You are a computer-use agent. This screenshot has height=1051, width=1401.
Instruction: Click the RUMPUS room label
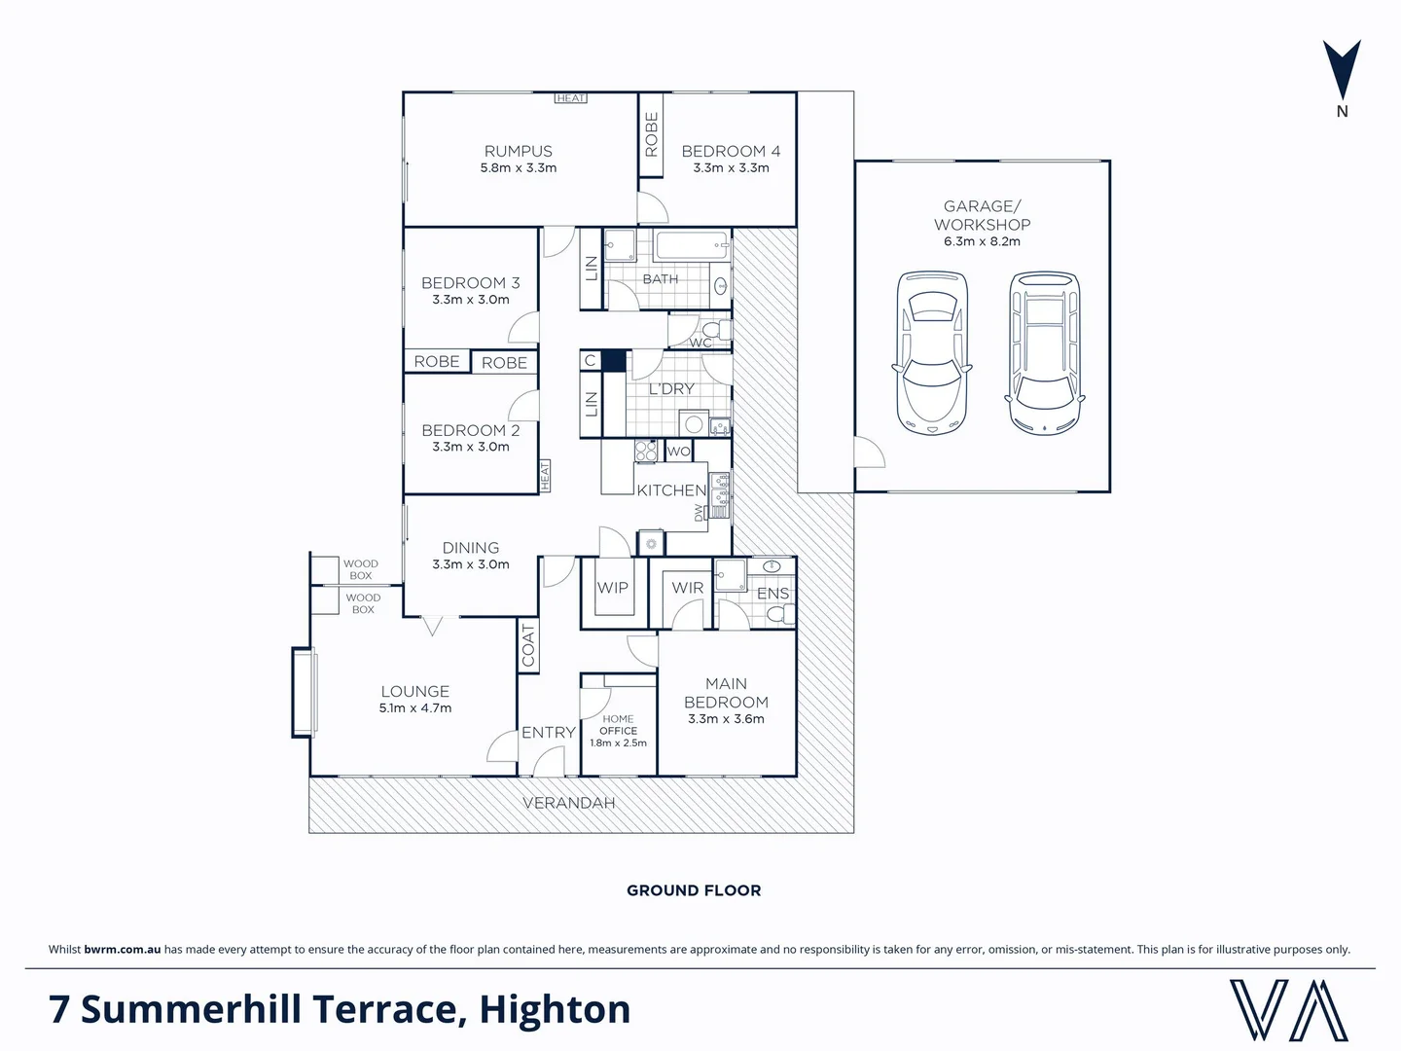pos(518,151)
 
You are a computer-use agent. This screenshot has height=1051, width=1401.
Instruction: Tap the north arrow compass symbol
pos(1342,70)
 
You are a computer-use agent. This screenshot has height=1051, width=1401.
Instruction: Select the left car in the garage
pos(931,352)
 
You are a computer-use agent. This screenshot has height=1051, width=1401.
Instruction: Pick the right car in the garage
pos(1044,352)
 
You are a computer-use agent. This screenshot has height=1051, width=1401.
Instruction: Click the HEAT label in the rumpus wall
pos(571,98)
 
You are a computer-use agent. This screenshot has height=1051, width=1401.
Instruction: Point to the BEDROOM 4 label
pos(731,151)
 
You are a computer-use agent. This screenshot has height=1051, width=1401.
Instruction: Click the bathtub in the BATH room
pos(692,246)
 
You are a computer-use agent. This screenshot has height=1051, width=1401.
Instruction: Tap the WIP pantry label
pos(613,588)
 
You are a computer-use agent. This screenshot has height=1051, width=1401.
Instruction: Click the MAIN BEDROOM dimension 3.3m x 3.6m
pos(726,719)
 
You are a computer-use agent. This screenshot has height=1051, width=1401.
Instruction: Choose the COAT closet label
pos(528,645)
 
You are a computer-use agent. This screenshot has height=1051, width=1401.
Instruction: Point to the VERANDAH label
pos(569,803)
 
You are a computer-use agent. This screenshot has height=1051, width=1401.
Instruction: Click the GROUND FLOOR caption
pos(694,890)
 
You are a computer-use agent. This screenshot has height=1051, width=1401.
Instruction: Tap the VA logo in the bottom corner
pos(1288,1010)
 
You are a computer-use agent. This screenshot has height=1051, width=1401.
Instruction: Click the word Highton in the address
pos(555,1010)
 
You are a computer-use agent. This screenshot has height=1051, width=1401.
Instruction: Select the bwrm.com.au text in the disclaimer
pos(123,950)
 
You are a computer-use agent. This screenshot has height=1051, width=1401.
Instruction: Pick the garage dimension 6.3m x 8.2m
pos(982,241)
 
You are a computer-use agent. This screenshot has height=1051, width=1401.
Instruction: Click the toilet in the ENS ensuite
pos(779,614)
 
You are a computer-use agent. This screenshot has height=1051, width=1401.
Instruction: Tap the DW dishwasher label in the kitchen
pos(699,512)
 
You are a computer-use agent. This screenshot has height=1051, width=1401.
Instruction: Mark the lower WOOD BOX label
pos(363,603)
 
